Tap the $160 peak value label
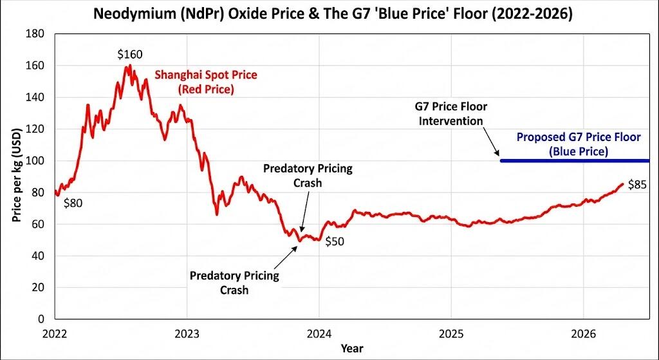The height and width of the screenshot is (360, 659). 129,55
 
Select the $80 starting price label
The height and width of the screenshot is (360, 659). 75,203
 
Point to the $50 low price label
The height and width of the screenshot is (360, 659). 336,243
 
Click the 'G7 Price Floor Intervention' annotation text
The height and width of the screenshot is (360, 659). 451,113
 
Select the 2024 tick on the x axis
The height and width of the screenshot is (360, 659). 319,334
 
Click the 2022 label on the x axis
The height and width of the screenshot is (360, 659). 55,334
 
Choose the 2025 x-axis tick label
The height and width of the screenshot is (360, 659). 450,334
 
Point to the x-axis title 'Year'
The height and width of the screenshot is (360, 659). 351,348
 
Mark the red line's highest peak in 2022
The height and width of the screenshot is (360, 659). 129,65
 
